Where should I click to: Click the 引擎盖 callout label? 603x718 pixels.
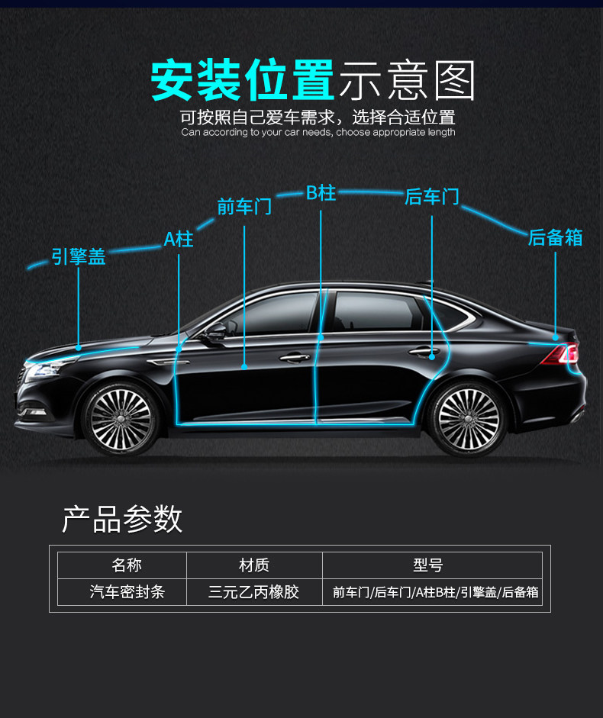click(x=79, y=256)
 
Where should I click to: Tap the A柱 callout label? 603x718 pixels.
click(x=179, y=239)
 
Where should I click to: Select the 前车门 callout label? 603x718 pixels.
click(x=244, y=206)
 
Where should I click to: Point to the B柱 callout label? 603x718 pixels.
click(x=321, y=192)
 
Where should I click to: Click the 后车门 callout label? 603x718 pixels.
click(x=432, y=196)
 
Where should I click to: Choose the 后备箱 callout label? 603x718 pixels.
click(x=555, y=237)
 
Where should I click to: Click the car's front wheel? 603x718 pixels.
click(x=121, y=417)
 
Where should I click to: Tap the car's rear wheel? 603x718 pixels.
click(x=467, y=418)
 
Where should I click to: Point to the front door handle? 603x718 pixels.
click(x=295, y=356)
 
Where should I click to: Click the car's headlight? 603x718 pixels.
click(x=42, y=369)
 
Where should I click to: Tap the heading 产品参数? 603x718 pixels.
click(x=122, y=519)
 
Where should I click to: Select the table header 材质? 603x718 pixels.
click(x=254, y=565)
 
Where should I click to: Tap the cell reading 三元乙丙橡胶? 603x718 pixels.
click(x=254, y=591)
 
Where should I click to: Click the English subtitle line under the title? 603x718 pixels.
click(x=318, y=133)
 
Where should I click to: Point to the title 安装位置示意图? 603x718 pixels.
click(x=313, y=80)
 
